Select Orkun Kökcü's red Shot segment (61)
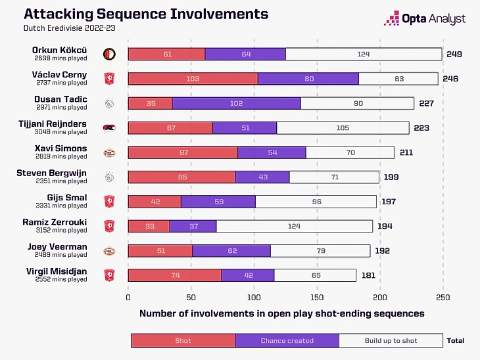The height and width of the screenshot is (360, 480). (166, 54)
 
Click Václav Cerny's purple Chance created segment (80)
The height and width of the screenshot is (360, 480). (308, 79)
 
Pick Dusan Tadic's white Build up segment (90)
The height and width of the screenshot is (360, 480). (357, 103)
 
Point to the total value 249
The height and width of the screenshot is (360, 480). (454, 54)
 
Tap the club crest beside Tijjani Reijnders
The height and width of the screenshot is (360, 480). (110, 128)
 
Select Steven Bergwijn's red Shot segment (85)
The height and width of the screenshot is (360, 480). (181, 177)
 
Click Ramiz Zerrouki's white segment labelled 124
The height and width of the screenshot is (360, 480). (295, 226)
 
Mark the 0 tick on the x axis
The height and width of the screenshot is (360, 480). (128, 296)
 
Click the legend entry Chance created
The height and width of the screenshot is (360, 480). (287, 340)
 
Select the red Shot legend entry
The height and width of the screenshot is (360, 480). (183, 340)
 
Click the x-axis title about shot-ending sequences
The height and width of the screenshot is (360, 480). (281, 314)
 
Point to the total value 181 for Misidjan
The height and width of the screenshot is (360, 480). (368, 275)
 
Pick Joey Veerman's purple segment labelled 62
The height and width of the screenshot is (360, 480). (231, 250)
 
